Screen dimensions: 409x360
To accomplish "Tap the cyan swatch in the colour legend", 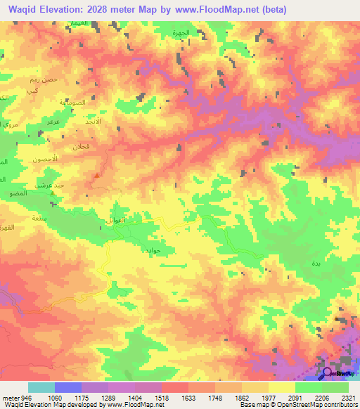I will (41, 387).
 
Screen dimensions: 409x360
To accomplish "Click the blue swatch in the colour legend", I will (67, 387).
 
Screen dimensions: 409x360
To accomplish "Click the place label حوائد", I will (153, 250).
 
